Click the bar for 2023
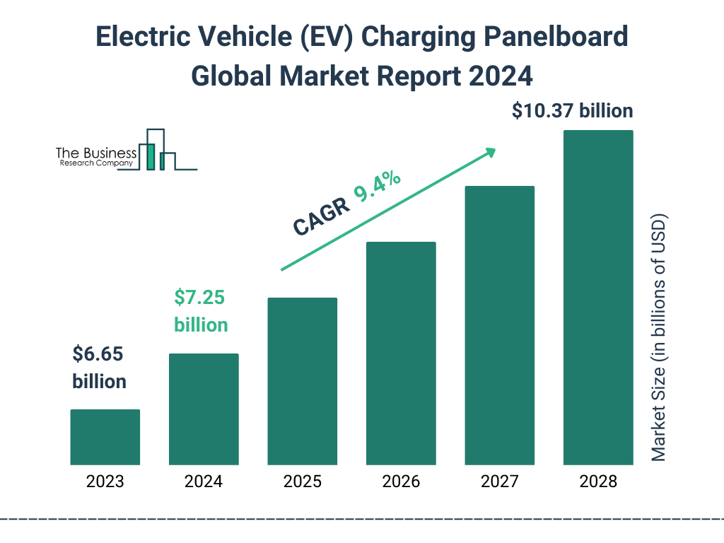(x=105, y=437)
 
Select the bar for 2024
(x=204, y=409)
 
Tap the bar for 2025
(x=302, y=381)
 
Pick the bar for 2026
(x=401, y=354)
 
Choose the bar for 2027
(x=499, y=325)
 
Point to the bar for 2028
(x=598, y=298)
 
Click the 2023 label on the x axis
(x=105, y=482)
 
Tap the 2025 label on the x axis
(x=302, y=482)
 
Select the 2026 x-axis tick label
(x=401, y=482)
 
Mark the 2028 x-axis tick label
(x=598, y=482)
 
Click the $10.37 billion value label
(x=572, y=111)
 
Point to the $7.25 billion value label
(x=201, y=311)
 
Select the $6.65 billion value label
(x=99, y=368)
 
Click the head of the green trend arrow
(x=490, y=151)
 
